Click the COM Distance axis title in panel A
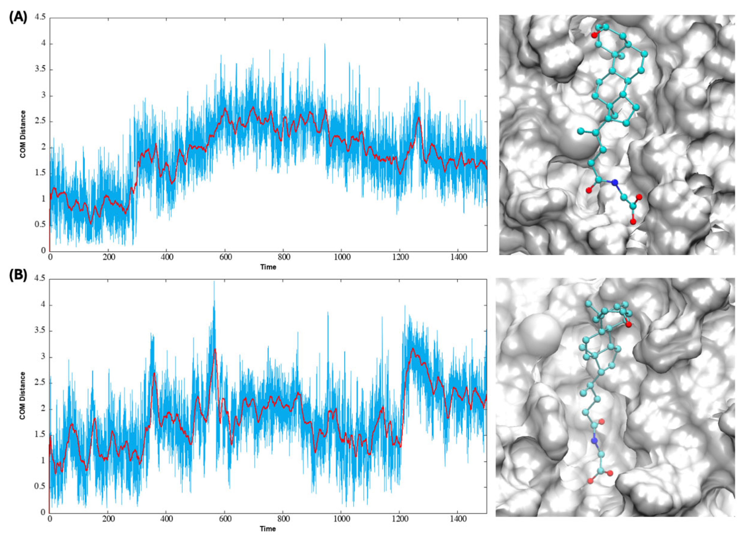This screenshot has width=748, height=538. pyautogui.click(x=23, y=134)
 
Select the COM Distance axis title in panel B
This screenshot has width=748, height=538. pyautogui.click(x=23, y=396)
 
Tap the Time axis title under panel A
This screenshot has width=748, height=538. pyautogui.click(x=268, y=267)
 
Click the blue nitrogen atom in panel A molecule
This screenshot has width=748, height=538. pyautogui.click(x=614, y=182)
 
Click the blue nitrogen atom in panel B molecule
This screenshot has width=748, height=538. pyautogui.click(x=594, y=440)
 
